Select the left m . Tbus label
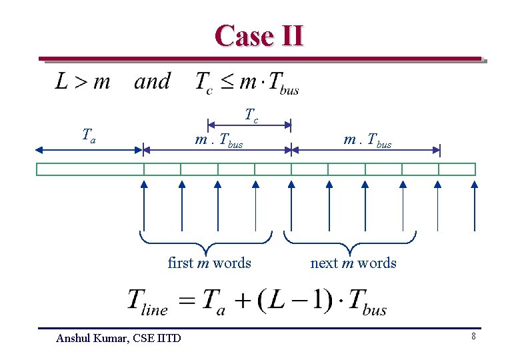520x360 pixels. click(219, 141)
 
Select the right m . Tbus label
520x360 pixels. click(367, 141)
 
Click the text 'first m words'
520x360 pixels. click(209, 263)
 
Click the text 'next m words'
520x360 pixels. click(353, 263)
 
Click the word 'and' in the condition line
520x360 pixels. click(152, 81)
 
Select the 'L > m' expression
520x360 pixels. click(83, 82)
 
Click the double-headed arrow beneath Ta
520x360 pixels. click(89, 150)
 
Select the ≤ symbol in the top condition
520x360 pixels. click(227, 83)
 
